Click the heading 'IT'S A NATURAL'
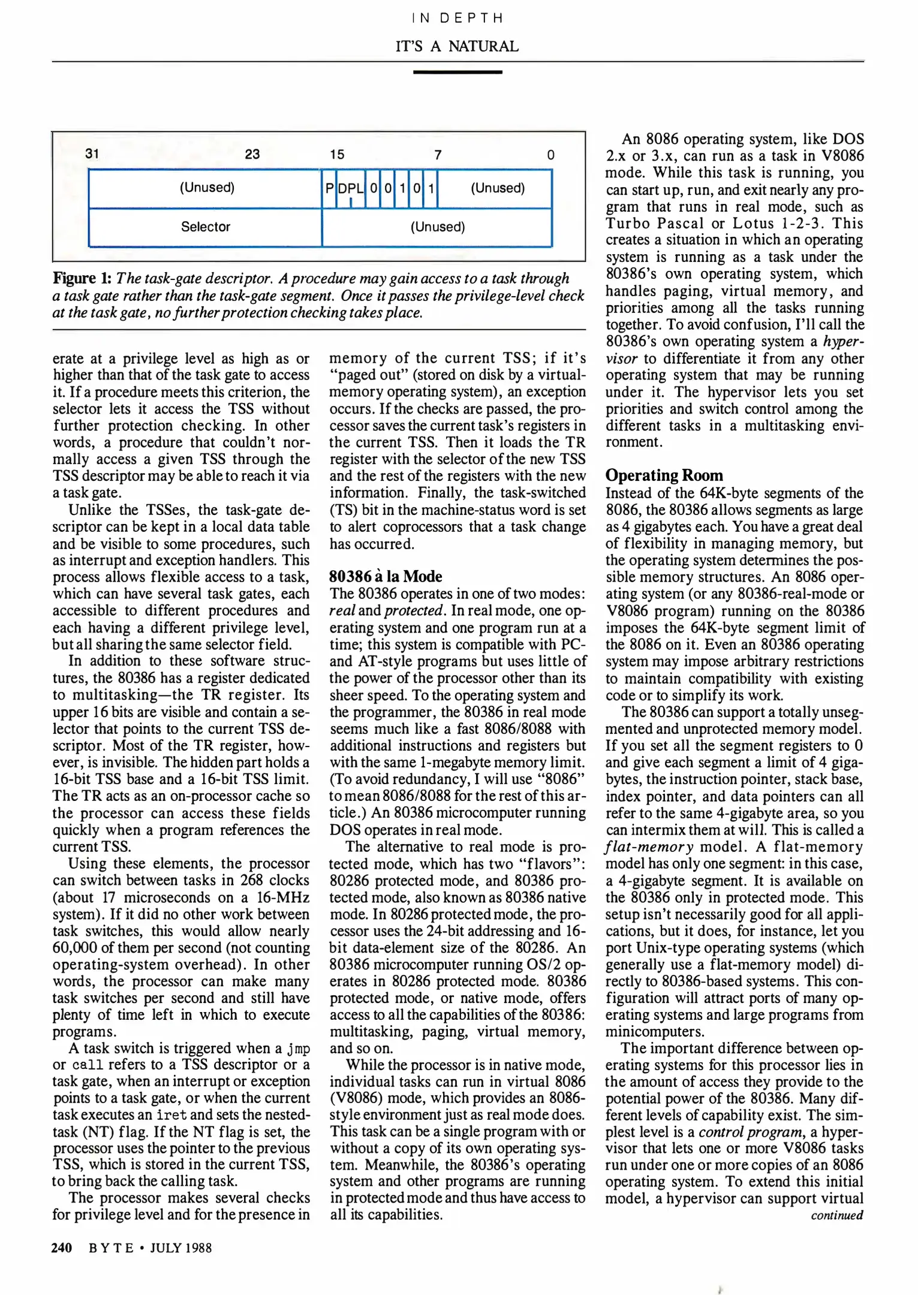457,46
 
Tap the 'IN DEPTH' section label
458,18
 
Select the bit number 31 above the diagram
92,153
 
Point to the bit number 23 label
252,154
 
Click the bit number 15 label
337,155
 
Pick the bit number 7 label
438,155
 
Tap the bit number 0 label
550,155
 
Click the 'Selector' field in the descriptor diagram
206,227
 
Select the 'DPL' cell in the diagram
351,188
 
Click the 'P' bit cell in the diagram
329,188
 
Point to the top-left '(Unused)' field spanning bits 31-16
207,188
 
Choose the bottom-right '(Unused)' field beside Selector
438,227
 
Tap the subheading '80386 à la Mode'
386,576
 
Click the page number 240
62,1248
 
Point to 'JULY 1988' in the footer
180,1248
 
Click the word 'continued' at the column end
836,1215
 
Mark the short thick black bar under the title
458,72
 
